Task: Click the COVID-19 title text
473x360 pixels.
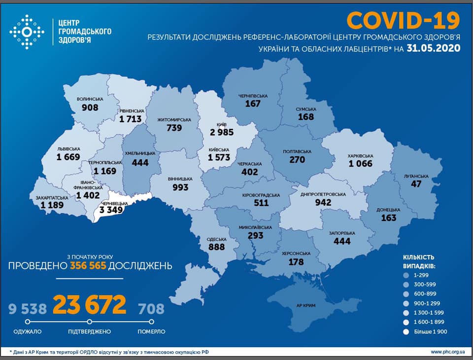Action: (403, 20)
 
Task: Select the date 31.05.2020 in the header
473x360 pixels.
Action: (434, 48)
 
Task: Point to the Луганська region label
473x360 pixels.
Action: (416, 176)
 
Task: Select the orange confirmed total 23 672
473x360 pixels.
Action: (89, 306)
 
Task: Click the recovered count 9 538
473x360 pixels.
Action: (28, 309)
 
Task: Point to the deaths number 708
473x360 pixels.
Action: (151, 309)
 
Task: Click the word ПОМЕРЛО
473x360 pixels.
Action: (151, 331)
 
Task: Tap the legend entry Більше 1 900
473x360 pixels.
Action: (431, 332)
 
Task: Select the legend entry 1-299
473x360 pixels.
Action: (422, 275)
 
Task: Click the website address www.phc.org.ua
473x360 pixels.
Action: (447, 352)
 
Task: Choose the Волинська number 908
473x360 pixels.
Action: (90, 108)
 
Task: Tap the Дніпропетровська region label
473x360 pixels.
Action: (323, 194)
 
